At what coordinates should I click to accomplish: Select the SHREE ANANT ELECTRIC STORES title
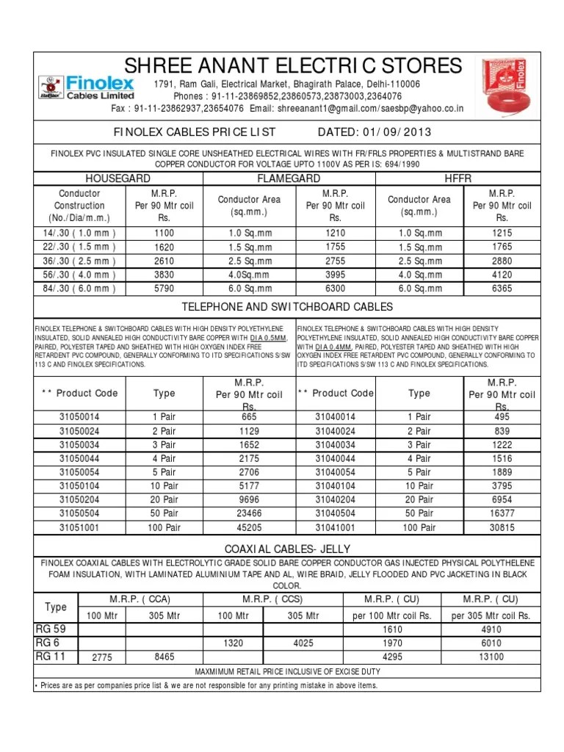294,65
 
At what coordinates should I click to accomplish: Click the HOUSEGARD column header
119,178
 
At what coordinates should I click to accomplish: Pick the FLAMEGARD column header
288,178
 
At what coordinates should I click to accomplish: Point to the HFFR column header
458,178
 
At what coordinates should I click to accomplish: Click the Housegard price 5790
164,289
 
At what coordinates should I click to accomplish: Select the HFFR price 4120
502,275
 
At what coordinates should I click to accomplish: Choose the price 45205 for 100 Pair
248,527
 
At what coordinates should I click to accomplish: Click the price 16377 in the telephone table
502,513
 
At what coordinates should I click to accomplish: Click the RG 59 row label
51,629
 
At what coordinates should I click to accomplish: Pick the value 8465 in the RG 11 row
164,658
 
